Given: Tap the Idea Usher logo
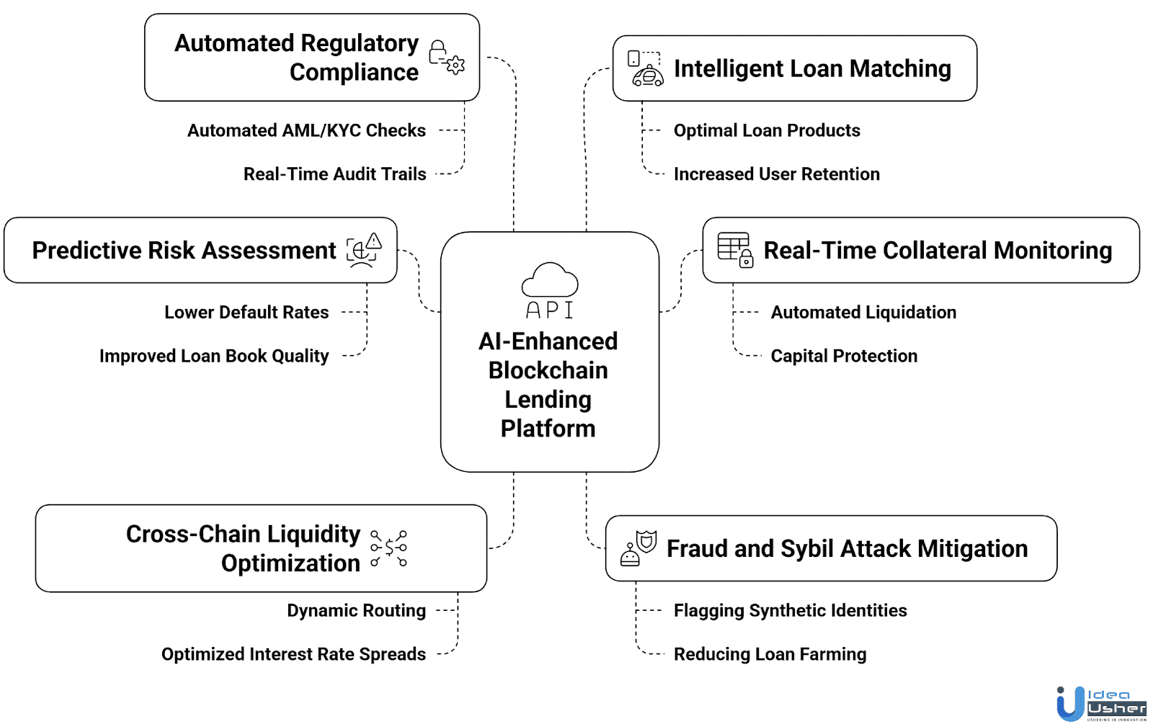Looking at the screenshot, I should [x=1100, y=703].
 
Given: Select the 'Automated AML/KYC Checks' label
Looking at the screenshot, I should [x=306, y=130].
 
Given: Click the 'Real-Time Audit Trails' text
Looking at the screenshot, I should [x=334, y=174].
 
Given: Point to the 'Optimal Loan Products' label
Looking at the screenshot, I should [x=766, y=130].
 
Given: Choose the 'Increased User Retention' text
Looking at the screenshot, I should [x=776, y=174].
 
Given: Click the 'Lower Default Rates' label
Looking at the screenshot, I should [x=246, y=312].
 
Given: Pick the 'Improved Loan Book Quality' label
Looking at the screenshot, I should [x=214, y=356].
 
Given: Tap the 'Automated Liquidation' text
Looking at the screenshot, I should [x=863, y=312].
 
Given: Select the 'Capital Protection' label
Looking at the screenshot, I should [x=844, y=356].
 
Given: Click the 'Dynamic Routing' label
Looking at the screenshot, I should [x=356, y=610].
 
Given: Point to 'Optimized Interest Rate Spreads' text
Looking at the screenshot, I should [x=293, y=654].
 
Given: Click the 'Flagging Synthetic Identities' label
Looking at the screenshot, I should [x=790, y=610].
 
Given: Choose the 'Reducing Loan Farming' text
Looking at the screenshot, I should [x=770, y=654].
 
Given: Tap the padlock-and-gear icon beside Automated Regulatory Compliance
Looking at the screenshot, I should [x=447, y=58].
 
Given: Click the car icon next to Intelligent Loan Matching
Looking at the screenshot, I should [x=646, y=69].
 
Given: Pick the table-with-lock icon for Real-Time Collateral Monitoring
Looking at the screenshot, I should [x=736, y=249].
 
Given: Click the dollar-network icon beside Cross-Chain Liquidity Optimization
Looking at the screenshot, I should [x=389, y=548].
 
